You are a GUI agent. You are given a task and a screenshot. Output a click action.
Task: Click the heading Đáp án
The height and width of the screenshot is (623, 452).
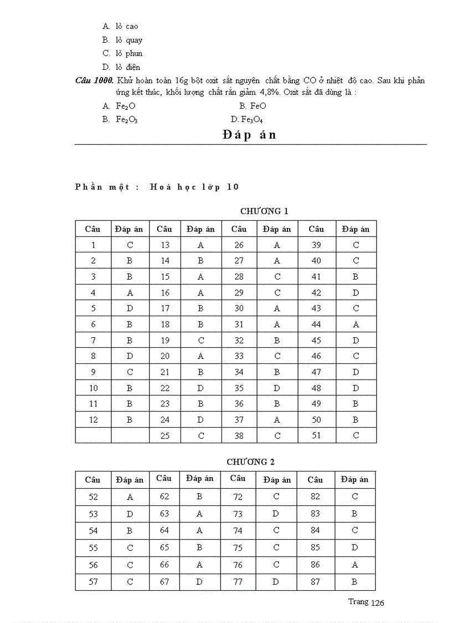pos(249,135)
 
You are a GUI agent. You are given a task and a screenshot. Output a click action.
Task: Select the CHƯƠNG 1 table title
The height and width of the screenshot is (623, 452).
pos(264,211)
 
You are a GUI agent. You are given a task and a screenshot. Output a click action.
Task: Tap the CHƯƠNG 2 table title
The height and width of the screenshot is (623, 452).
pos(250,462)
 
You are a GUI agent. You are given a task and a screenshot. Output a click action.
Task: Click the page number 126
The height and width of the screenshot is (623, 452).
pos(377,603)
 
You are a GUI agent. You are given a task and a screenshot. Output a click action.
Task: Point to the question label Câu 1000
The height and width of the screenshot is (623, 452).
pos(94,80)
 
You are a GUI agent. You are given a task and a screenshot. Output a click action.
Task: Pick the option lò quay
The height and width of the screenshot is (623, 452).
pos(129,40)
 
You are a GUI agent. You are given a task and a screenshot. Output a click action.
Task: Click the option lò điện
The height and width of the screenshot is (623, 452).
pos(127,67)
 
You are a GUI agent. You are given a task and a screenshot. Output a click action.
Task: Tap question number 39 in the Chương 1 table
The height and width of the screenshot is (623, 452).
pos(316,245)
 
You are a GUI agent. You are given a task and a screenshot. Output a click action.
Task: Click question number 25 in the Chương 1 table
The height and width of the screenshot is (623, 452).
pos(165,435)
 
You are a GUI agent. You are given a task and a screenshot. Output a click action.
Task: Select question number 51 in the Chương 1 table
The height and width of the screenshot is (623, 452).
pos(316,435)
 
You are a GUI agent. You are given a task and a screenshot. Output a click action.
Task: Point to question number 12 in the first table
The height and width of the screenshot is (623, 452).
pos(93,420)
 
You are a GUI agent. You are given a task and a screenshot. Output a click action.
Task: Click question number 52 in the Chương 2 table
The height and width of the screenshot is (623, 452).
pos(93,497)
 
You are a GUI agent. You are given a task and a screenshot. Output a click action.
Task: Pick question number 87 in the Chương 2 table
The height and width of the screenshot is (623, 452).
pos(315,582)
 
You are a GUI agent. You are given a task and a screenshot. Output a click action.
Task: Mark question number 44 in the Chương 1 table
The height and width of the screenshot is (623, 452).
pos(316,324)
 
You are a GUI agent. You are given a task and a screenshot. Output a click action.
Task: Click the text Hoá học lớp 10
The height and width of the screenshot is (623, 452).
pos(194,186)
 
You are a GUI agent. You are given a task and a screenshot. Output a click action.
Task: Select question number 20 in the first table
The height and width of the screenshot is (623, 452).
pos(165,356)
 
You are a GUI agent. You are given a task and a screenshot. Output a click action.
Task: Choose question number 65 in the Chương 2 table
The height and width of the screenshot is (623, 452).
pos(165,548)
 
